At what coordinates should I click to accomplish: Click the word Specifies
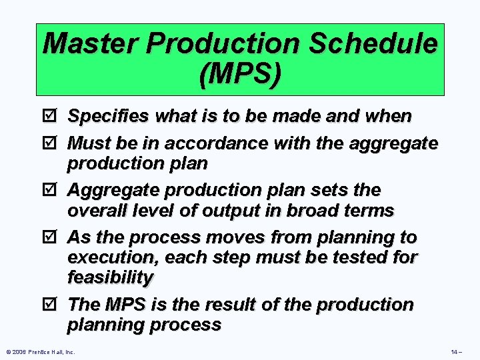109,116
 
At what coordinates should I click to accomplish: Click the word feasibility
110,277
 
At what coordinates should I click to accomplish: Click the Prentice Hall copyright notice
39,351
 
